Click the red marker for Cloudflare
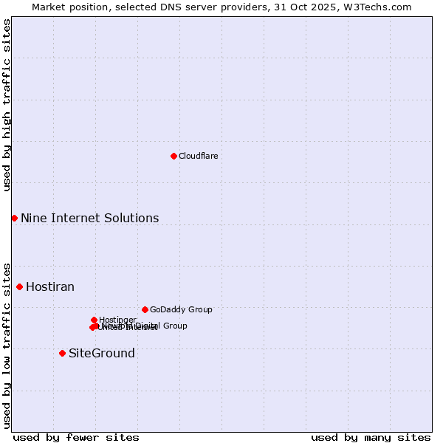[174, 156]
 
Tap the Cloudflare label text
[198, 156]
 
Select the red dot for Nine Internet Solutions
[14, 218]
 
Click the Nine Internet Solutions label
[89, 218]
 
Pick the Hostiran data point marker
[19, 286]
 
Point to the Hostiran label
[50, 286]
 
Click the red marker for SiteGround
[62, 353]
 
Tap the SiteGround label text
[102, 353]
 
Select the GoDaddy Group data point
[145, 309]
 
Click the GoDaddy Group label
[181, 309]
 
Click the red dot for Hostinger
[94, 320]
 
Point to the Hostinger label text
[117, 320]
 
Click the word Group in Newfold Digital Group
[175, 326]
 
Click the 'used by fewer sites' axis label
[76, 437]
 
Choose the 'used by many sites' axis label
[371, 437]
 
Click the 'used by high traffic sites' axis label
[7, 105]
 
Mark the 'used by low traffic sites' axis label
[7, 346]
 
